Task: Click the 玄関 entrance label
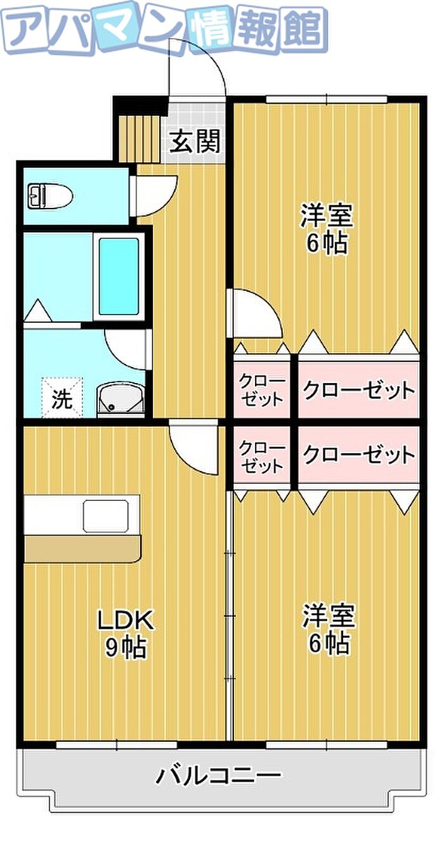(x=195, y=142)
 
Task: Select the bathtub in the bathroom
(x=119, y=276)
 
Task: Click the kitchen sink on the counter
(x=106, y=516)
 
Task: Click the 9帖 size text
(x=126, y=647)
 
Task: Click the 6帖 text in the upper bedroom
(x=327, y=243)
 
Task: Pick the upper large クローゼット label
(x=358, y=390)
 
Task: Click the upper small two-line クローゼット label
(x=261, y=391)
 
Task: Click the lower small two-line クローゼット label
(x=261, y=456)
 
